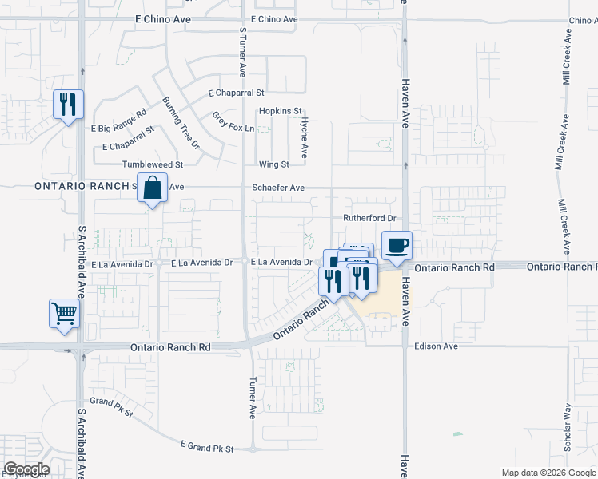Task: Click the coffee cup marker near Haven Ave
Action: [397, 246]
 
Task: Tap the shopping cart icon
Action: [64, 313]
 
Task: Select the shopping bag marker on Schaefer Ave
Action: [152, 188]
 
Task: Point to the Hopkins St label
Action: [280, 111]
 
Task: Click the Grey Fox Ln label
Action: [233, 122]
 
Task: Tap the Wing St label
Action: [273, 164]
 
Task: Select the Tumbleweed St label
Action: [153, 164]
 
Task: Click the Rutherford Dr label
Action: [369, 218]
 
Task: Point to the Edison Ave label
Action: [436, 346]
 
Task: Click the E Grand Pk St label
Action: [207, 446]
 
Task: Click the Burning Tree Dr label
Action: [180, 124]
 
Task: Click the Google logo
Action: [26, 469]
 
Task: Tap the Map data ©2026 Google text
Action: [548, 473]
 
